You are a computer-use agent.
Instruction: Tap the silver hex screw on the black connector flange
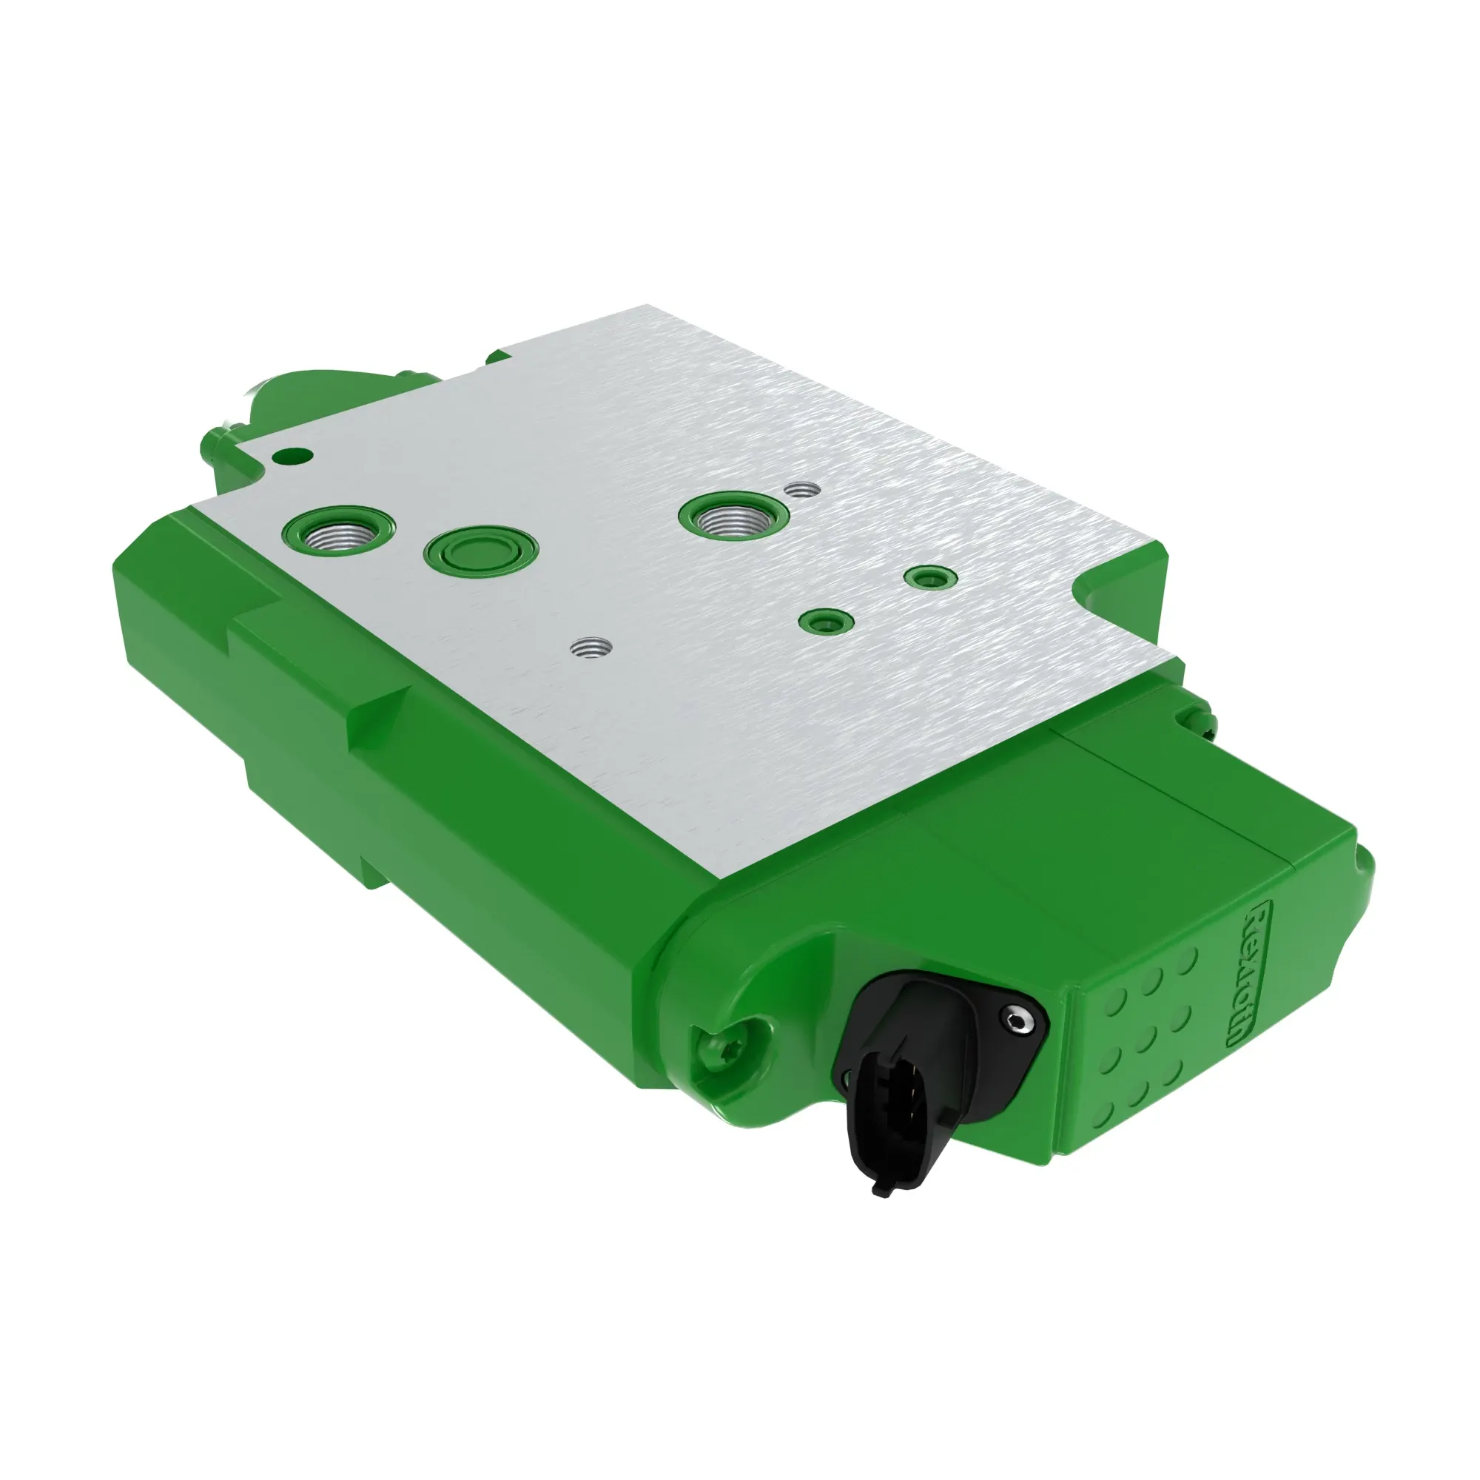(1017, 1021)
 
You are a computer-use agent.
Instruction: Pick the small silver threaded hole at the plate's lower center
(590, 648)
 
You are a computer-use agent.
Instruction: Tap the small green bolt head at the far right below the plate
(1200, 719)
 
